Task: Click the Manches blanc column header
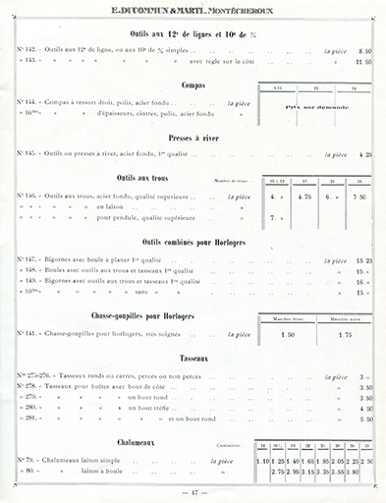289,319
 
